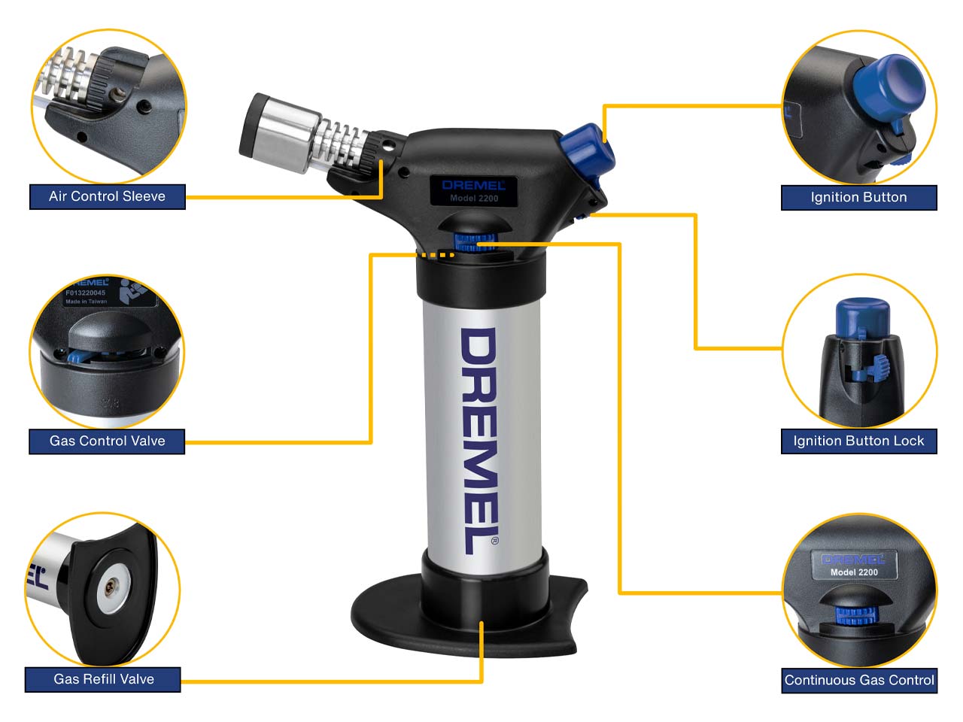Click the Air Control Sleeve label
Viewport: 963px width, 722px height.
point(107,196)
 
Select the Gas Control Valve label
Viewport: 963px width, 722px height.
point(107,441)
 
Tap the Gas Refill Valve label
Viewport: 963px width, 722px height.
point(103,679)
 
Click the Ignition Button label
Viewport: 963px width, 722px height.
point(858,197)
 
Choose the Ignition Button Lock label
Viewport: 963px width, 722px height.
point(858,441)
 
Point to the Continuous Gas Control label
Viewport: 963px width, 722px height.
point(859,680)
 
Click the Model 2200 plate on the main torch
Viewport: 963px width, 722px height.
point(474,191)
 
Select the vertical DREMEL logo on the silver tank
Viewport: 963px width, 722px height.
point(478,440)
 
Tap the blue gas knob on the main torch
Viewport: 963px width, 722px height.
point(474,241)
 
